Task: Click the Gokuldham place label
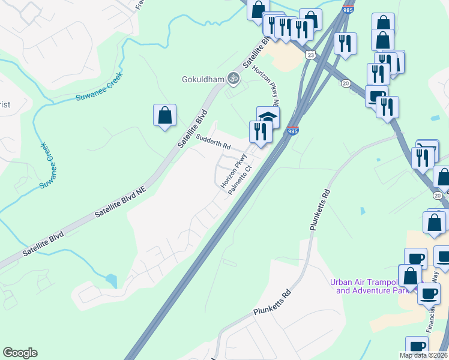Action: click(x=202, y=79)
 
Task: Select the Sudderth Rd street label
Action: click(x=213, y=142)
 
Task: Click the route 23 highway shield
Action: click(x=310, y=55)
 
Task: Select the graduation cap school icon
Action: click(x=268, y=116)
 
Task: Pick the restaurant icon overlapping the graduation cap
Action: click(x=260, y=131)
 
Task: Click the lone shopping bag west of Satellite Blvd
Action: click(x=164, y=115)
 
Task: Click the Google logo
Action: click(x=20, y=353)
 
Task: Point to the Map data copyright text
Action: click(x=423, y=355)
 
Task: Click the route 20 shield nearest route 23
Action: click(x=346, y=83)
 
